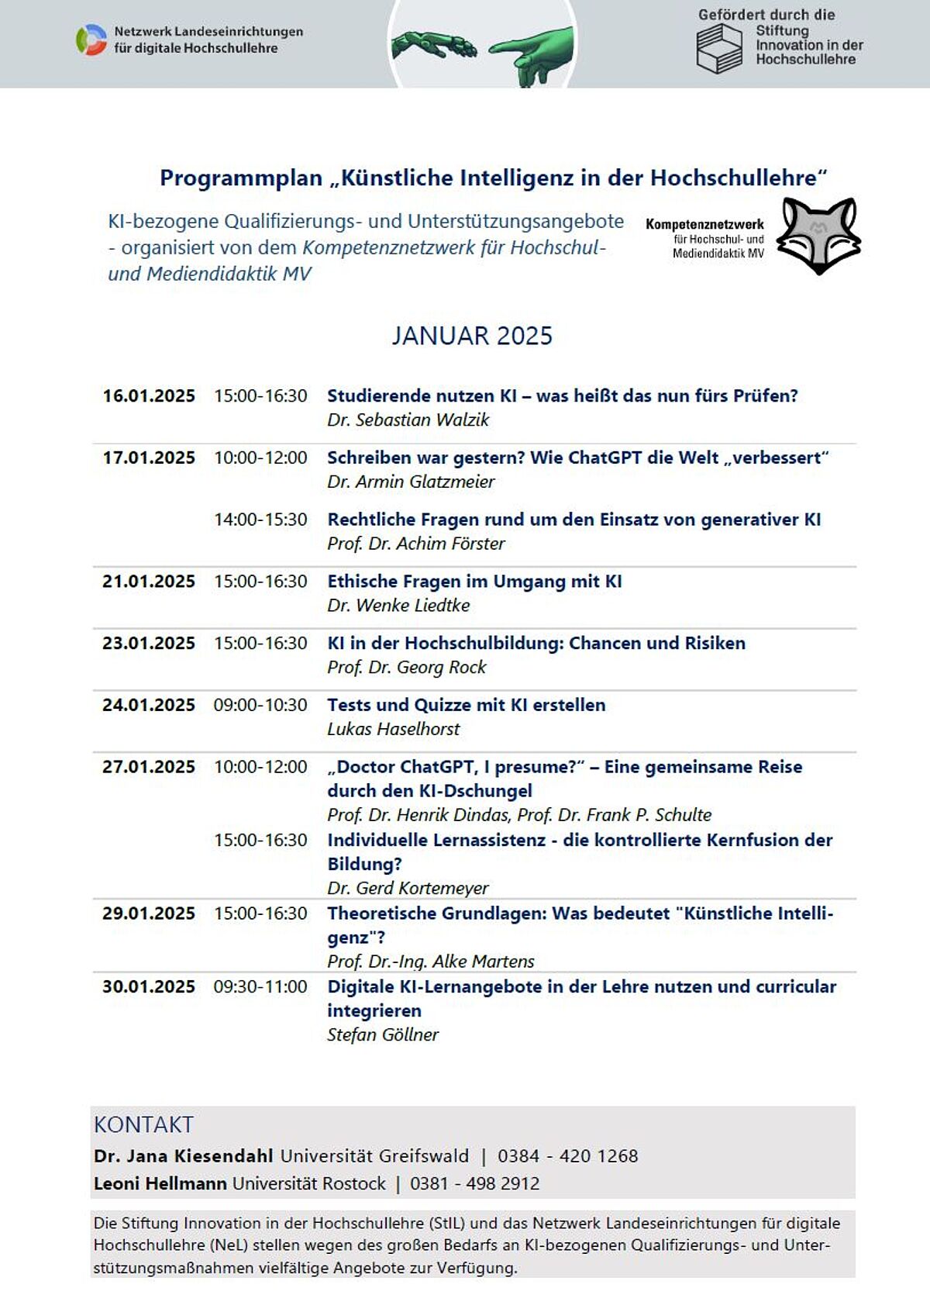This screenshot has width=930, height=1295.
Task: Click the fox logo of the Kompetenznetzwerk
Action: click(818, 235)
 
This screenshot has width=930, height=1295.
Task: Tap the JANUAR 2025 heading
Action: click(472, 336)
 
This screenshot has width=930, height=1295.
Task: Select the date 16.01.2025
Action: click(149, 396)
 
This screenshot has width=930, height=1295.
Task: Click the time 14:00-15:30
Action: click(260, 520)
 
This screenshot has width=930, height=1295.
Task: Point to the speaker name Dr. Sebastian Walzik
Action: click(408, 420)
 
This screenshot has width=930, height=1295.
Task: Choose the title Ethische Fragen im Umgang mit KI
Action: click(474, 582)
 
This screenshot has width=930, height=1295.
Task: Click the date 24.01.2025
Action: click(149, 706)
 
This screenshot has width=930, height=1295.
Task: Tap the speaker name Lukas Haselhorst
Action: click(393, 730)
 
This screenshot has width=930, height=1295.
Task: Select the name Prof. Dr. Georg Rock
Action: click(406, 668)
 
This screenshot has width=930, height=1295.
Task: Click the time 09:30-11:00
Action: click(260, 987)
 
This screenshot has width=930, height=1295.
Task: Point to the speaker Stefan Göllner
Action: click(382, 1035)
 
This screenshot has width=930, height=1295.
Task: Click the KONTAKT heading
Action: click(143, 1124)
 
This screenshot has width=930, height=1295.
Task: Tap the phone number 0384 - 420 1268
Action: click(567, 1156)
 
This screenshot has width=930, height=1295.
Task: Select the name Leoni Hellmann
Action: click(160, 1184)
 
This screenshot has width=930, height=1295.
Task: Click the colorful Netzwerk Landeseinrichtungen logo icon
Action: click(91, 40)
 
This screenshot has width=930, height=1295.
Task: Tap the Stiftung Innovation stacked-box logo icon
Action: click(719, 48)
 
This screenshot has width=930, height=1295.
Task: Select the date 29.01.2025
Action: click(149, 913)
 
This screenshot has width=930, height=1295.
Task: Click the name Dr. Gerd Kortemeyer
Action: click(408, 889)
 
